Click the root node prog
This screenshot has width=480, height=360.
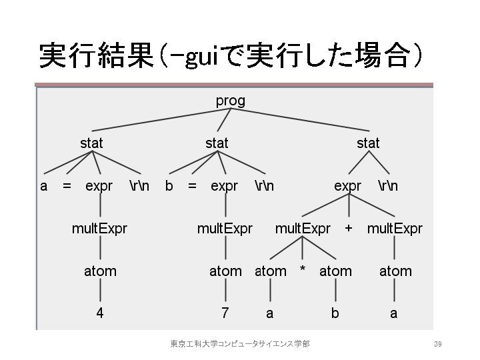230,101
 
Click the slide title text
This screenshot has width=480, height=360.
230,55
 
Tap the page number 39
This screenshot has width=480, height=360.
438,344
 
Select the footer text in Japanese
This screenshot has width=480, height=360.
239,344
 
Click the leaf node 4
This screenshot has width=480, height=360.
99,313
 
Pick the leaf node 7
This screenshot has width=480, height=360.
225,313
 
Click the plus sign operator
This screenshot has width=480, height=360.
348,229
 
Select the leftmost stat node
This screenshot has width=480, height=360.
91,143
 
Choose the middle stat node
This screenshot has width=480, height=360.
217,143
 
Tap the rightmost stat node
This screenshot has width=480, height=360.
368,143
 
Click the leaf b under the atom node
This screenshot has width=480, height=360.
335,313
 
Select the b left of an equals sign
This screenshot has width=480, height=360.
169,186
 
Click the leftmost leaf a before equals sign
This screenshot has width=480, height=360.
44,186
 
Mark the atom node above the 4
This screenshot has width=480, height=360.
100,271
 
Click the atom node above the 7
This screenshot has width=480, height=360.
225,271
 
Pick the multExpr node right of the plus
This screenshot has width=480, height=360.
395,229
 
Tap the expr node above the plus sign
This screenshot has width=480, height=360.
348,186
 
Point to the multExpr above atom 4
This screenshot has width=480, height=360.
99,229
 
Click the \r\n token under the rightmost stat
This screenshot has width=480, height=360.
388,186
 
